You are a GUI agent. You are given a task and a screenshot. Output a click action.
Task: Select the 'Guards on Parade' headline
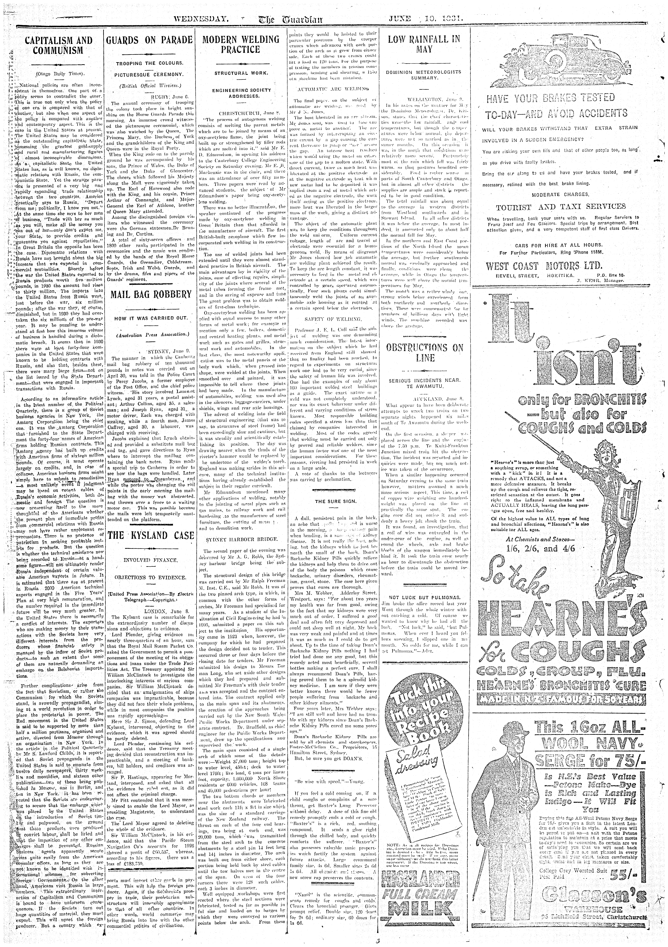pyautogui.click(x=149, y=40)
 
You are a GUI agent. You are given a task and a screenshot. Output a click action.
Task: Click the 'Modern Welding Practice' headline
pyautogui.click(x=241, y=45)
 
